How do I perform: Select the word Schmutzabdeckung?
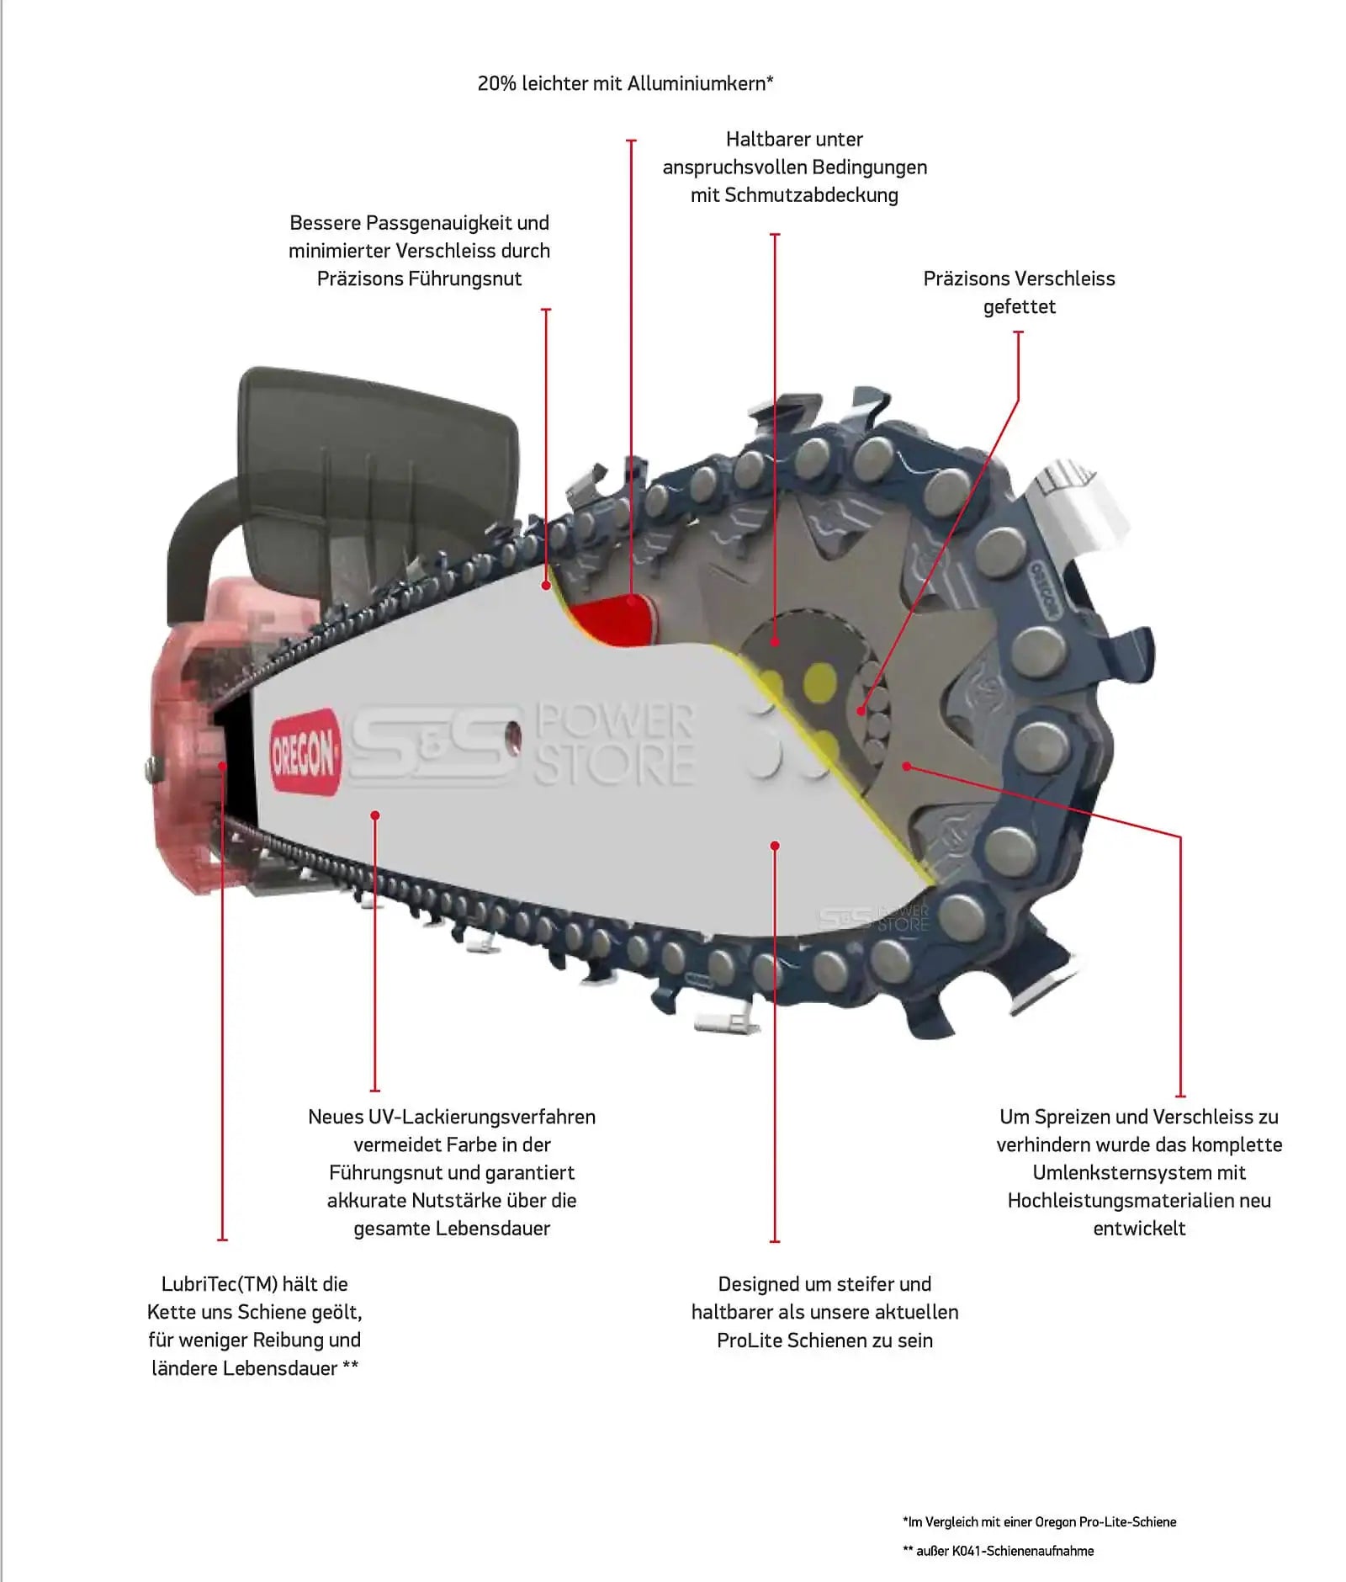tap(811, 195)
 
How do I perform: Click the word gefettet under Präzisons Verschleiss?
tap(1019, 306)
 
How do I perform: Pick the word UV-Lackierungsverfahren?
tap(482, 1117)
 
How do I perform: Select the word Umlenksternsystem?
tap(1139, 1172)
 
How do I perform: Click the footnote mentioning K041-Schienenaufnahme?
tap(998, 1551)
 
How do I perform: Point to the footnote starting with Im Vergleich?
tap(1039, 1521)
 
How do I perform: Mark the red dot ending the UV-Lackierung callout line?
tap(375, 815)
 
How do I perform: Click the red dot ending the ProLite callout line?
tap(775, 845)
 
